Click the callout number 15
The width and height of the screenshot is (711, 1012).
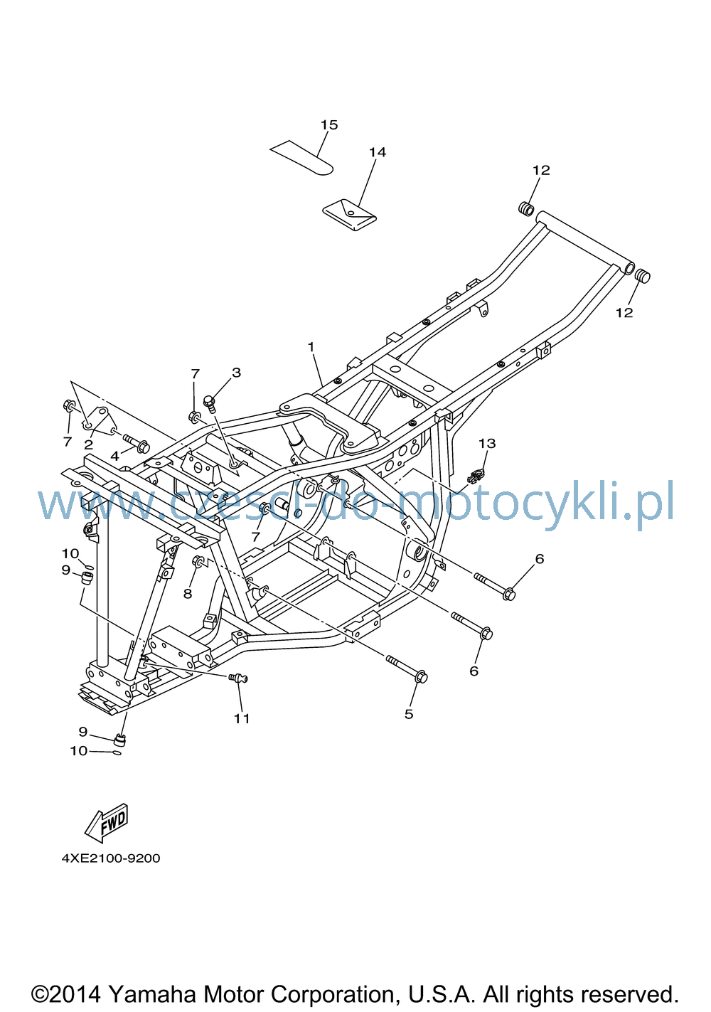point(329,124)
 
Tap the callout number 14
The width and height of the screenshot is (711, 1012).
point(378,152)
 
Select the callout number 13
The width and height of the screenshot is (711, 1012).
point(487,443)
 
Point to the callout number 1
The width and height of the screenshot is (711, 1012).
point(311,347)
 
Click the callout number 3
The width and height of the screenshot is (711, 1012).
point(236,372)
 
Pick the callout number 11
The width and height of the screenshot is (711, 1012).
point(242,718)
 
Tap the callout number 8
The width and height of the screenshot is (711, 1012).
point(188,594)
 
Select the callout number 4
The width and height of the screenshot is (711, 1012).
point(114,456)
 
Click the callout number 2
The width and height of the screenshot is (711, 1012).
point(89,444)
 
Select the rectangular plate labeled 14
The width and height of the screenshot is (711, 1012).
point(349,215)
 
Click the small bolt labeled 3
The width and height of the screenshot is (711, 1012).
point(210,403)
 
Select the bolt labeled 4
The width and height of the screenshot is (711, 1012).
point(136,443)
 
